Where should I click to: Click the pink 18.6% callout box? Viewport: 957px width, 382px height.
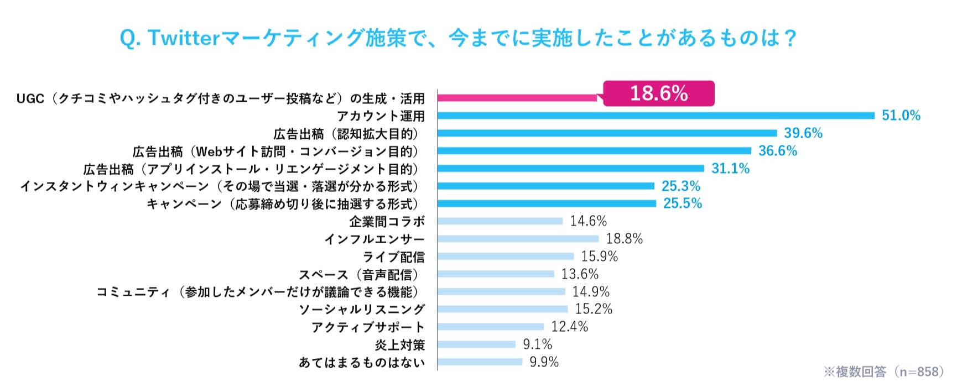(658, 93)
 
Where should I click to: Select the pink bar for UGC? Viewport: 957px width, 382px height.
(517, 98)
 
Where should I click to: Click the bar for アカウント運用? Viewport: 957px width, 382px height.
(656, 116)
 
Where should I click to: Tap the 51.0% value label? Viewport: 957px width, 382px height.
(901, 116)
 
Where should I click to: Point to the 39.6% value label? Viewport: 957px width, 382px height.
(803, 133)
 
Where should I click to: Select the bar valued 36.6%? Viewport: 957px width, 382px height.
(594, 151)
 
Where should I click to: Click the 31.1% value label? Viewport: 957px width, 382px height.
(730, 169)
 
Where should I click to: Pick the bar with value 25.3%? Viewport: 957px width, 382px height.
(546, 186)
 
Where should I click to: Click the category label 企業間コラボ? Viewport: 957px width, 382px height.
(387, 222)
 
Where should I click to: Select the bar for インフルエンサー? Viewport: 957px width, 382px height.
(518, 239)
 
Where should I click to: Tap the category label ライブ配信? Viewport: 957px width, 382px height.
(393, 257)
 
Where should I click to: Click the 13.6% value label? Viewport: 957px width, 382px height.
(580, 274)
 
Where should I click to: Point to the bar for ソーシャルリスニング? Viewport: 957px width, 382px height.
(502, 310)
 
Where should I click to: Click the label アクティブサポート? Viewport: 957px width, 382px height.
(368, 327)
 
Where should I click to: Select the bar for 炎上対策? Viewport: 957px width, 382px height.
(476, 344)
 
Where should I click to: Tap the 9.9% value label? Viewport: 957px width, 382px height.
(544, 362)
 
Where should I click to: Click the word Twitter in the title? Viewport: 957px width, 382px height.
(184, 38)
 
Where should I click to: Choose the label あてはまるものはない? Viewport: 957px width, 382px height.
(362, 363)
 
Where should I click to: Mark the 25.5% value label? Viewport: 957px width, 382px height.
(682, 203)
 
